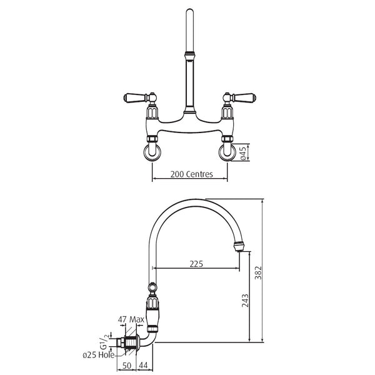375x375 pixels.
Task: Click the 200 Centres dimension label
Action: pos(192,174)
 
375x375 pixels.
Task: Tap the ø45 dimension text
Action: pos(242,153)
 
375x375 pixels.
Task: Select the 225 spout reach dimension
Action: pos(196,264)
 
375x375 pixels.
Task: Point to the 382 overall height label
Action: pos(258,272)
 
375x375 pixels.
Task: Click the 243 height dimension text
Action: pos(245,301)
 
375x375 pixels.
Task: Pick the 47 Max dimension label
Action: pos(131,319)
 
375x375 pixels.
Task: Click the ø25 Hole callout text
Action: pos(99,355)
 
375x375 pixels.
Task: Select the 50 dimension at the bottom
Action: pos(127,366)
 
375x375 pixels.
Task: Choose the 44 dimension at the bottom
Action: pos(143,366)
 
